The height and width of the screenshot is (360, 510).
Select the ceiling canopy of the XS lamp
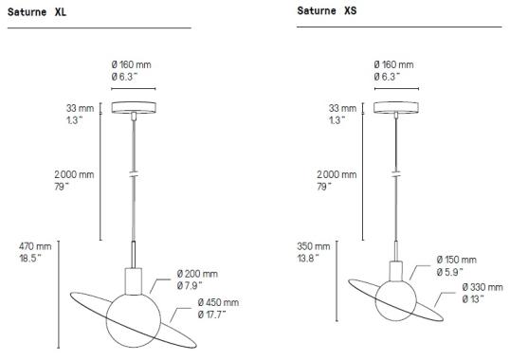397,107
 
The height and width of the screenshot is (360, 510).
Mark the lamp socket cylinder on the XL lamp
135,281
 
